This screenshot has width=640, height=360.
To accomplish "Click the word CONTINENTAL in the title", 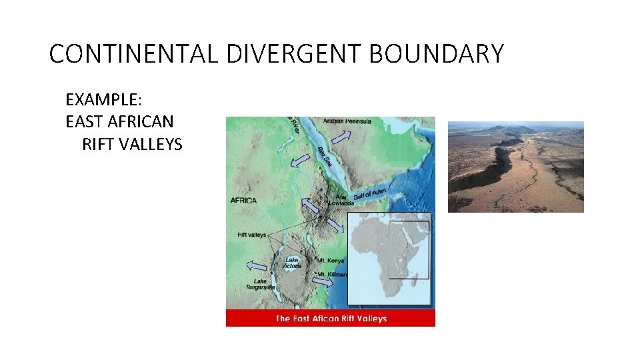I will point(133,54).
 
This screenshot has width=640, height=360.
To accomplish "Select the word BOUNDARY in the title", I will point(436,54).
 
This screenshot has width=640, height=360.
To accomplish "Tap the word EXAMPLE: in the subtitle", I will point(103,100).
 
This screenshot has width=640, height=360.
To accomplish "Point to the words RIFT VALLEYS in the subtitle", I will point(132,143).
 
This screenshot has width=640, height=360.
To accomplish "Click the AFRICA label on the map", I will point(244,200).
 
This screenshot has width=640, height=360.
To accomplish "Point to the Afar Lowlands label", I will point(341,200).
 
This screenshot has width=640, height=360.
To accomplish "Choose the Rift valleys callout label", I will point(251,235).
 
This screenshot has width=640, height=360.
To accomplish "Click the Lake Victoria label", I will point(292,263).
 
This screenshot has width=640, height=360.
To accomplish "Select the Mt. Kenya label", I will point(331,261).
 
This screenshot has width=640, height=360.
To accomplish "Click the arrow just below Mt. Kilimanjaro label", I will point(322,283).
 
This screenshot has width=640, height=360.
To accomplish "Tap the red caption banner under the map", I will point(331,319).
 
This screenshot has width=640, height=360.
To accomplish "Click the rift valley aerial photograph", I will point(515,167).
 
